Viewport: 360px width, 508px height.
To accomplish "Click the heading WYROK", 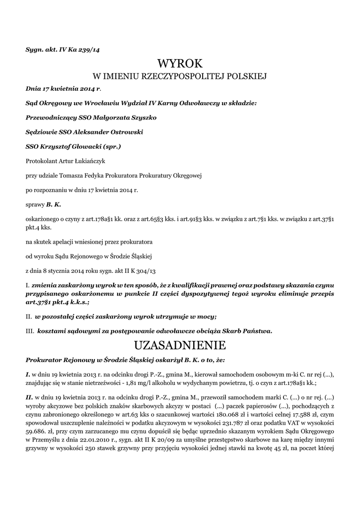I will click(180, 63).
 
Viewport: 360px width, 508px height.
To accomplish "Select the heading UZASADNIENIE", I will click(180, 345).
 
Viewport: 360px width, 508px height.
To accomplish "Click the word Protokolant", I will click(41, 161).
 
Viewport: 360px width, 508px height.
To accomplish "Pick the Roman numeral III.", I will click(29, 330).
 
